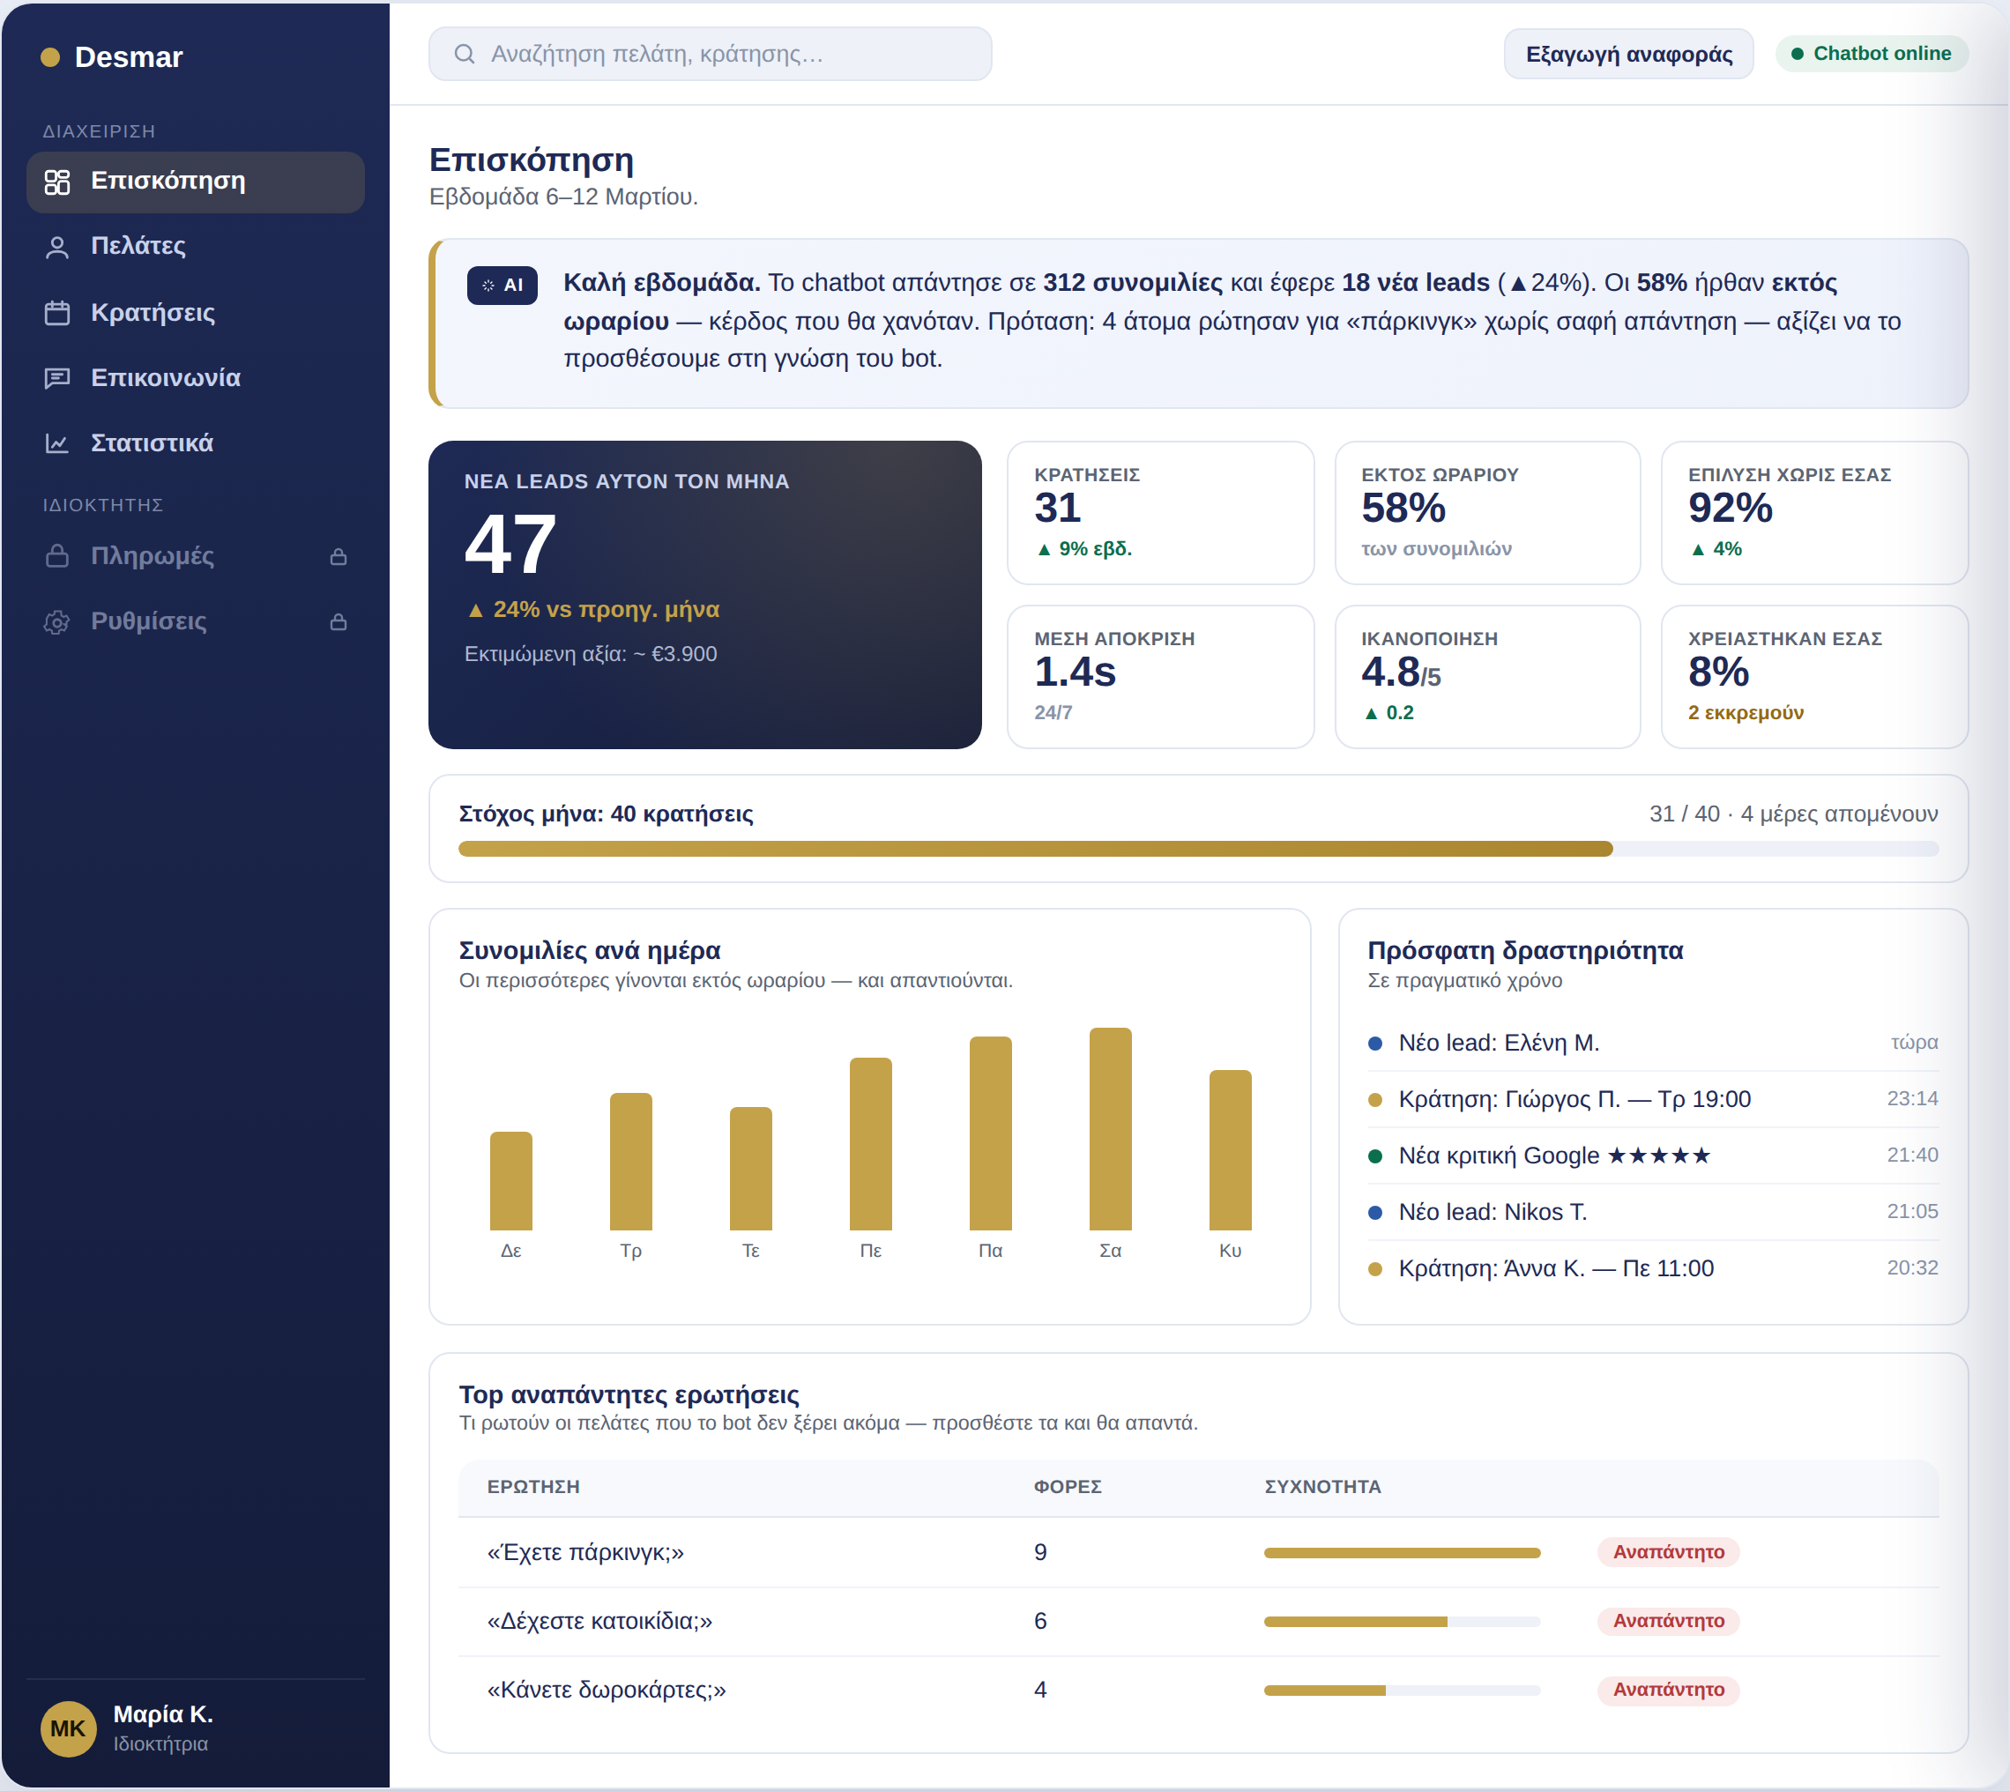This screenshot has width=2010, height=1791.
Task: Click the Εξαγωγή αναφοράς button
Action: pyautogui.click(x=1628, y=54)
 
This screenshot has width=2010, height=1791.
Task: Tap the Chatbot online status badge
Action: pyautogui.click(x=1872, y=54)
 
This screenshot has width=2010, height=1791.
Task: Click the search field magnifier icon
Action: pyautogui.click(x=465, y=54)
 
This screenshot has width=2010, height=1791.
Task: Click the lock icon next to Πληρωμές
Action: pyautogui.click(x=339, y=557)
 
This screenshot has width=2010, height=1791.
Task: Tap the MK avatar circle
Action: pyautogui.click(x=68, y=1729)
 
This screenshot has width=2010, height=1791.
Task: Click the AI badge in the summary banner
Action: pyautogui.click(x=502, y=286)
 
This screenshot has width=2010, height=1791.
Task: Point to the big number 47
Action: pyautogui.click(x=510, y=544)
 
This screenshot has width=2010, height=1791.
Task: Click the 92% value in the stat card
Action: pyautogui.click(x=1730, y=509)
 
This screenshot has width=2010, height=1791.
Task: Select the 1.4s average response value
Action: pyautogui.click(x=1075, y=673)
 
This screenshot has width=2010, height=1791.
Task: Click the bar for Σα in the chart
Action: pyautogui.click(x=1110, y=1130)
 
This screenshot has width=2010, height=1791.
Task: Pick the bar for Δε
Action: pyautogui.click(x=510, y=1182)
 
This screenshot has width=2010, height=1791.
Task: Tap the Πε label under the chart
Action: pyautogui.click(x=870, y=1251)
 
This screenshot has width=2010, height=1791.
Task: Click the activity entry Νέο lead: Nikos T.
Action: pyautogui.click(x=1493, y=1213)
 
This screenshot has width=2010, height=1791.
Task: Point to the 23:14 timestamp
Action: pyautogui.click(x=1911, y=1099)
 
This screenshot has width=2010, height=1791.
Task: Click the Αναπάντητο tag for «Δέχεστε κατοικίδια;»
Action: pyautogui.click(x=1669, y=1622)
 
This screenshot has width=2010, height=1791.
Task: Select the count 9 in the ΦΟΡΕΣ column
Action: pyautogui.click(x=1040, y=1553)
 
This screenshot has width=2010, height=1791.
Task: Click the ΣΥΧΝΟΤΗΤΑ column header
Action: pyautogui.click(x=1322, y=1487)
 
